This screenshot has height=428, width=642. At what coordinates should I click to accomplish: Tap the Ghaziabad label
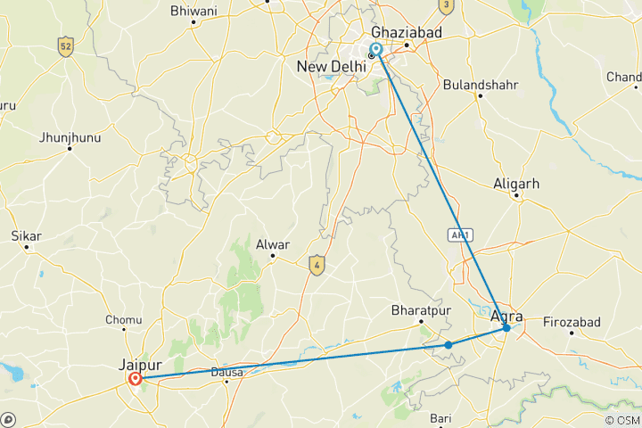point(407,31)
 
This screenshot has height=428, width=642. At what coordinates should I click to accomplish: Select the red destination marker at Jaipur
point(136,378)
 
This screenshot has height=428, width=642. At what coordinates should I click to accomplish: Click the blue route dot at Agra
point(506,328)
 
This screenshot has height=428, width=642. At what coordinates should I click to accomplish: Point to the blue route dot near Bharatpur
point(449,344)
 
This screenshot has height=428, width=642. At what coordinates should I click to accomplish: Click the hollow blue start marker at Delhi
point(376,49)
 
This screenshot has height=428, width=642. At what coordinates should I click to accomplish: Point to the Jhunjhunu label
point(70,137)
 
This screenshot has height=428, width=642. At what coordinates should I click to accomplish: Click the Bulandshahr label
point(479,86)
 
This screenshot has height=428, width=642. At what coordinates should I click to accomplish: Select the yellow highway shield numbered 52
point(64,45)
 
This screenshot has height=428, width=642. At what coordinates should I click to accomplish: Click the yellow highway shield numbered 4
point(315,264)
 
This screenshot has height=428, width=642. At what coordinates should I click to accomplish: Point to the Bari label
point(441,417)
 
